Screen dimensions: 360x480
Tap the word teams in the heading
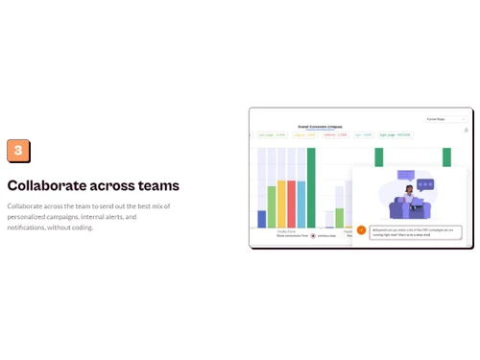tap(158, 185)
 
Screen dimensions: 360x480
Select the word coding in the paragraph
tap(84, 228)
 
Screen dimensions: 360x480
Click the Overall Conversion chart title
tap(320, 126)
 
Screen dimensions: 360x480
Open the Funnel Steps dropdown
tap(446, 119)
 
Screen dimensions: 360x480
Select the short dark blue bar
tap(262, 219)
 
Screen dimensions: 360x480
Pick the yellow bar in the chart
tap(281, 204)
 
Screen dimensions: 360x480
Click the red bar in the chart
tap(291, 204)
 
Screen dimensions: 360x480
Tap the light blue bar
tap(300, 204)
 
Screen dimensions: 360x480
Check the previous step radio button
tap(313, 235)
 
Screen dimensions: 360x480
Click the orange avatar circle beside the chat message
tap(361, 230)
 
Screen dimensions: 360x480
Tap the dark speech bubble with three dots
tap(425, 183)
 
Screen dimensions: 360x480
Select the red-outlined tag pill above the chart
tap(335, 135)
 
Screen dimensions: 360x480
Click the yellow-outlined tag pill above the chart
tap(304, 135)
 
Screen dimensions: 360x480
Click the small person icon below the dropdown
tap(466, 130)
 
